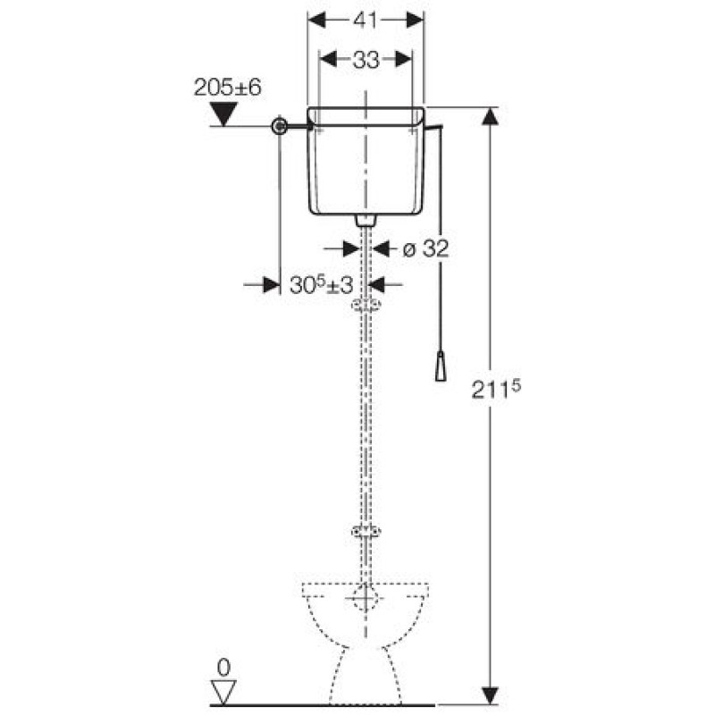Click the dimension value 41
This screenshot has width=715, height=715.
pos(366,20)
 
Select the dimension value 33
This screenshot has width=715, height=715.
pos(366,59)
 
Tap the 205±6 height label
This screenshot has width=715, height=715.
pos(228,87)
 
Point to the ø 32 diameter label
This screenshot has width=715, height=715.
pos(426,248)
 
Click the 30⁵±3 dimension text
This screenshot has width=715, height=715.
pos(322,285)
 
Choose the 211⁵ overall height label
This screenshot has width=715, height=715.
pos(496,389)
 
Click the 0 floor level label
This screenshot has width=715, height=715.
pos(223,668)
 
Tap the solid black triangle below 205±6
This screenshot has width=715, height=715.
pos(223,114)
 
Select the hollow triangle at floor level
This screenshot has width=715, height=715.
pos(223,692)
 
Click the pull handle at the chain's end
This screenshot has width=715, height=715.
pos(440,366)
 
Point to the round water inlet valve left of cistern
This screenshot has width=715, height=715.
pos(280,126)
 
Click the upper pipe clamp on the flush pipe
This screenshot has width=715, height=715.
pos(366,304)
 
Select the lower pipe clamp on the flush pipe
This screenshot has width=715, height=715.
pos(366,531)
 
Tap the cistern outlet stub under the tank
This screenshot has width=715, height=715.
pos(366,220)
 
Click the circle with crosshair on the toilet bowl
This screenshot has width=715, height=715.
pos(365,598)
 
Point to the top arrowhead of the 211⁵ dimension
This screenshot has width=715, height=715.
pos(490,116)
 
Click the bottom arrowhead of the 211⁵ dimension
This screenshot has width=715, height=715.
pos(490,696)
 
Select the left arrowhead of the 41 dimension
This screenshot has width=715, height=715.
pos(317,20)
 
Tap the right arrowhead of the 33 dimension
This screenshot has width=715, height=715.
pos(404,59)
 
